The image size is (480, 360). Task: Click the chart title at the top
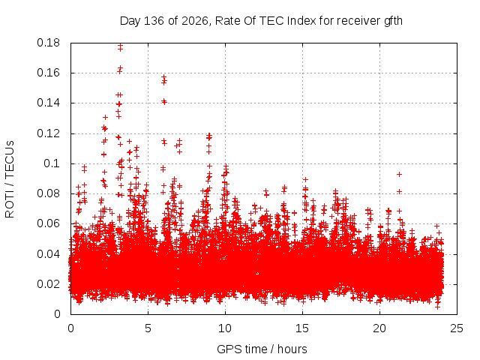coord(261,21)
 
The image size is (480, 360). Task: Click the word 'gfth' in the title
coord(393,21)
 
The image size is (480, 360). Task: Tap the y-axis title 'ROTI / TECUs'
coord(10,179)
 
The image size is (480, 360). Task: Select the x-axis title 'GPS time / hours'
coord(262,349)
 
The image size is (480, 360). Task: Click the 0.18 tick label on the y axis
coord(48,43)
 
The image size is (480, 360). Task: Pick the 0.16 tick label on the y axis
coord(48,73)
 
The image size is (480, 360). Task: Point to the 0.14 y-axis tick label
coord(48,103)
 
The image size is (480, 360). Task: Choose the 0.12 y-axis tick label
coord(48,133)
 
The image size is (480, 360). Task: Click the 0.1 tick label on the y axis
coord(52,163)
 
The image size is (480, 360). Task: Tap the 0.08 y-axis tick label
coord(48,193)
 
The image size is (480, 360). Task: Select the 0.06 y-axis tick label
coord(48,223)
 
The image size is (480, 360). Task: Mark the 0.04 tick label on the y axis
coord(48,254)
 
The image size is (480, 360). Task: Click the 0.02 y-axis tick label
coord(48,284)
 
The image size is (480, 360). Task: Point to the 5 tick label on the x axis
coord(148,328)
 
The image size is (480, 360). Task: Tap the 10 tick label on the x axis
coord(225,328)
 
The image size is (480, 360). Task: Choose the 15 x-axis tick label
coord(302,328)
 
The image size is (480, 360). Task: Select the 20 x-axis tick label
coord(379,328)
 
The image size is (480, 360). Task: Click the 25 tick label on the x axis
coord(457,328)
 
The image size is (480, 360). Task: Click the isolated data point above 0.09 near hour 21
coord(399,174)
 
